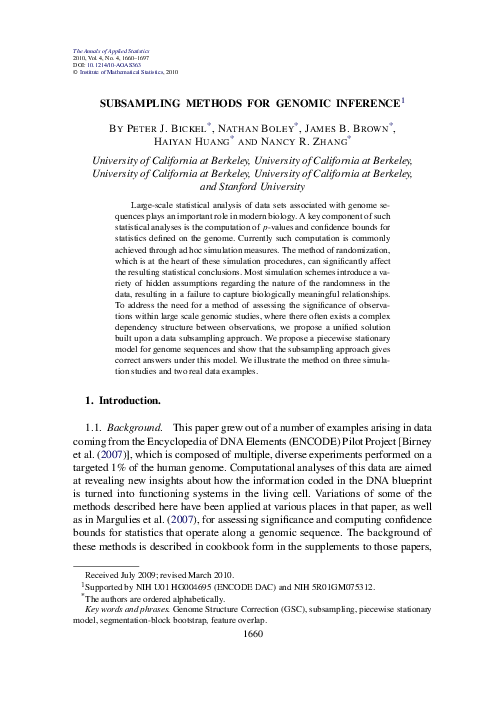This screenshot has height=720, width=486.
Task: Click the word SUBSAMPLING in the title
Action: (x=150, y=103)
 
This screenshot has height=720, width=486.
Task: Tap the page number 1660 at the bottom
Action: (x=243, y=702)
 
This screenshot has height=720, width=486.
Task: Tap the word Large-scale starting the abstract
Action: (x=160, y=203)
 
